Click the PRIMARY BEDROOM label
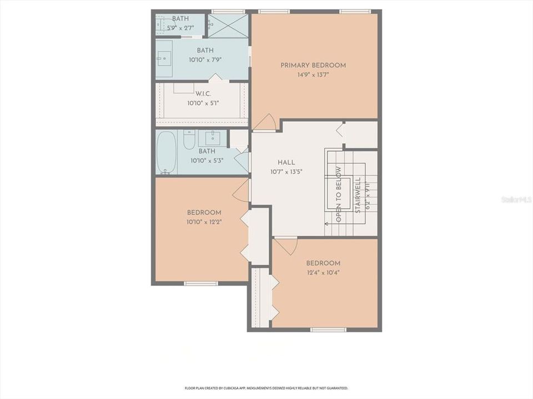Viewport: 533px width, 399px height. [x=313, y=65]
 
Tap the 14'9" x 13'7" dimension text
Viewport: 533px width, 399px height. [x=313, y=75]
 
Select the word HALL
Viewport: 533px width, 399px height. [x=286, y=162]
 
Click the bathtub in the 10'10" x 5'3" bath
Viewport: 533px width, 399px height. [x=166, y=152]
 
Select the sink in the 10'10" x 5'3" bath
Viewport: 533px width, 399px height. [x=213, y=137]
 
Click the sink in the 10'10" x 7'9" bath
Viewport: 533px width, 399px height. [x=164, y=58]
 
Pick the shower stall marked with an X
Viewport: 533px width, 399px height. [x=228, y=26]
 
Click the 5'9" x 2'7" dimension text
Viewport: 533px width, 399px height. [x=180, y=27]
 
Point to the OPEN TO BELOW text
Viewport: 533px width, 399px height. [x=339, y=194]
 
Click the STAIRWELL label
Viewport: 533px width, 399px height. [x=358, y=195]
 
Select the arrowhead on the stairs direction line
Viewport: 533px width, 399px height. [x=326, y=224]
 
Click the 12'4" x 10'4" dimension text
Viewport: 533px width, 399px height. [x=323, y=272]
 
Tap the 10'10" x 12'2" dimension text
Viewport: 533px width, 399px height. [x=204, y=222]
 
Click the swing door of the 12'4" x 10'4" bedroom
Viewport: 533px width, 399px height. [x=286, y=245]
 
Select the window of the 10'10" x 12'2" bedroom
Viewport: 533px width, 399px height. [x=201, y=284]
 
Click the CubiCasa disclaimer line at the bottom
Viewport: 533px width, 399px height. [x=266, y=388]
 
